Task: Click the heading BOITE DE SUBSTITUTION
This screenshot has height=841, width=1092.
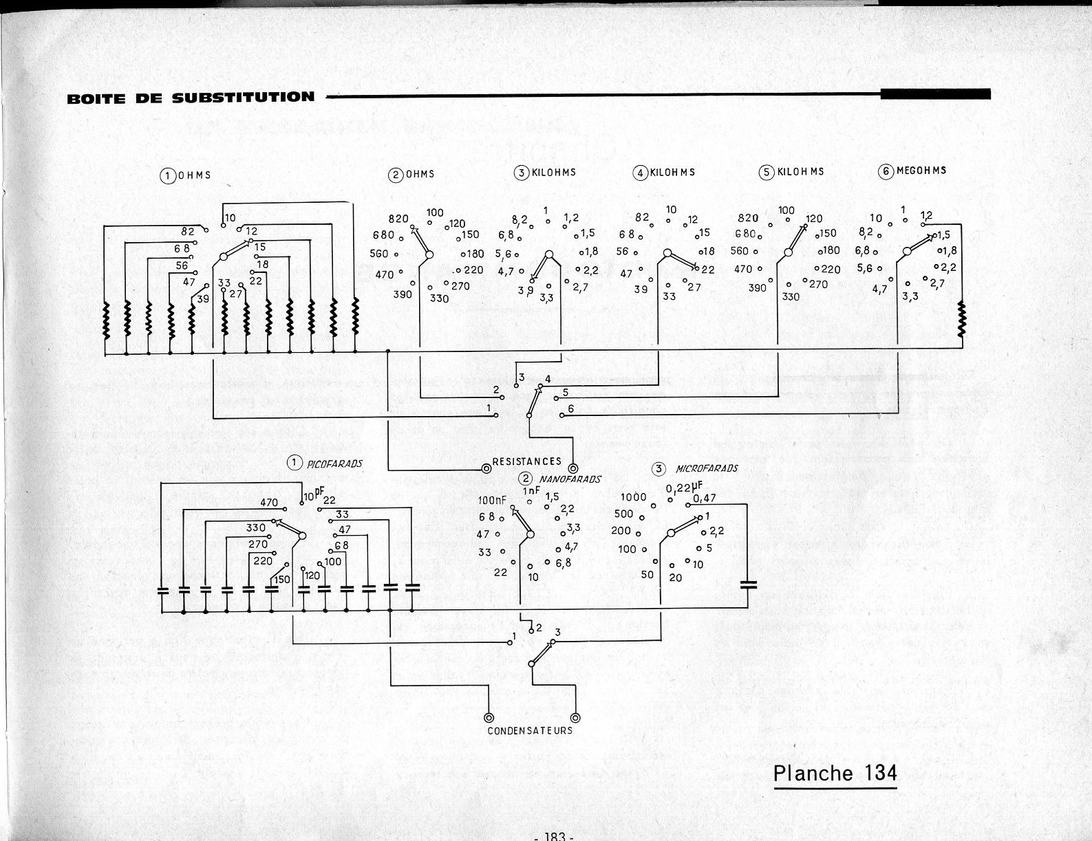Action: coord(191,97)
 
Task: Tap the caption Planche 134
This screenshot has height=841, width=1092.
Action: coord(835,773)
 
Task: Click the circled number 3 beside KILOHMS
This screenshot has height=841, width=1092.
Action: coord(520,173)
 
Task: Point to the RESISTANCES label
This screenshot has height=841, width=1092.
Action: coord(527,462)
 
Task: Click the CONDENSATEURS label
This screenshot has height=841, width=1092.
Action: coord(530,730)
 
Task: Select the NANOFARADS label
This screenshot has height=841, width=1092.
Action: coord(570,479)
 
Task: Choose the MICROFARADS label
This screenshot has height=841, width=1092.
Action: coord(707,469)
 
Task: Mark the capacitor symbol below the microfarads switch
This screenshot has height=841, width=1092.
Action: coord(748,585)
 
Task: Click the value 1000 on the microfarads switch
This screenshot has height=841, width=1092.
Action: coord(634,498)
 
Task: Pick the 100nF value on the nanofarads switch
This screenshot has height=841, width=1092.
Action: coord(492,500)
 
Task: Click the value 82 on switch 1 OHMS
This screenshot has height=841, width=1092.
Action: coord(188,232)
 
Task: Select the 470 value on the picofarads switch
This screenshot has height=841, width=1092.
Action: coord(269,503)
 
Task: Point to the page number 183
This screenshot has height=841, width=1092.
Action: coord(554,836)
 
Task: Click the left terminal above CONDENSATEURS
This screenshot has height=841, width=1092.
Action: coord(489,716)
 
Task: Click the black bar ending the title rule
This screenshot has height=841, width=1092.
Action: coord(935,94)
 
